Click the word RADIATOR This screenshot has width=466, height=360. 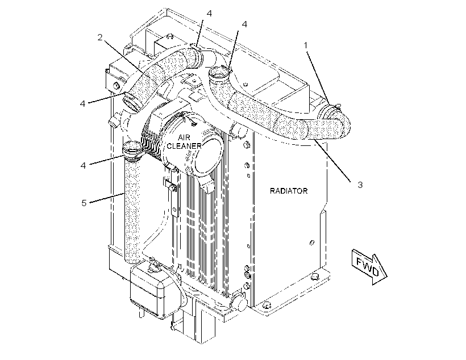[289, 191]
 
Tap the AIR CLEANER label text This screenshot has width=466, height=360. [184, 142]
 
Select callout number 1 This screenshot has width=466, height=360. [305, 45]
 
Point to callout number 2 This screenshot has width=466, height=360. [100, 37]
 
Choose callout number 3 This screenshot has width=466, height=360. [360, 185]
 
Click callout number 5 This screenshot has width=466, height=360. [84, 203]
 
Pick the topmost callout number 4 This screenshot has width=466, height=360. [209, 14]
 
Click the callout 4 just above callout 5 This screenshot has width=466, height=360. [83, 165]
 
